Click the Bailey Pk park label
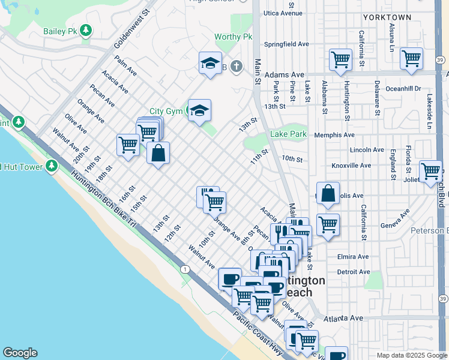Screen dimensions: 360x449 (x=60, y=31)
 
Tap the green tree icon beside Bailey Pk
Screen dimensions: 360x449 (x=86, y=29)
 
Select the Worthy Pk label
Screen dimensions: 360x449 (x=234, y=37)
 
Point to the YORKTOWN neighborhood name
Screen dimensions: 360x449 (x=387, y=17)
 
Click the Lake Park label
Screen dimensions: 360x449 (x=288, y=134)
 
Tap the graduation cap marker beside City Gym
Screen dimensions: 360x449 (x=200, y=110)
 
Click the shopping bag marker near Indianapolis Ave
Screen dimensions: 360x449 (x=328, y=194)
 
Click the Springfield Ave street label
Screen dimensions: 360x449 (x=287, y=44)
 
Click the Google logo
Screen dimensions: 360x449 (x=20, y=353)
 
